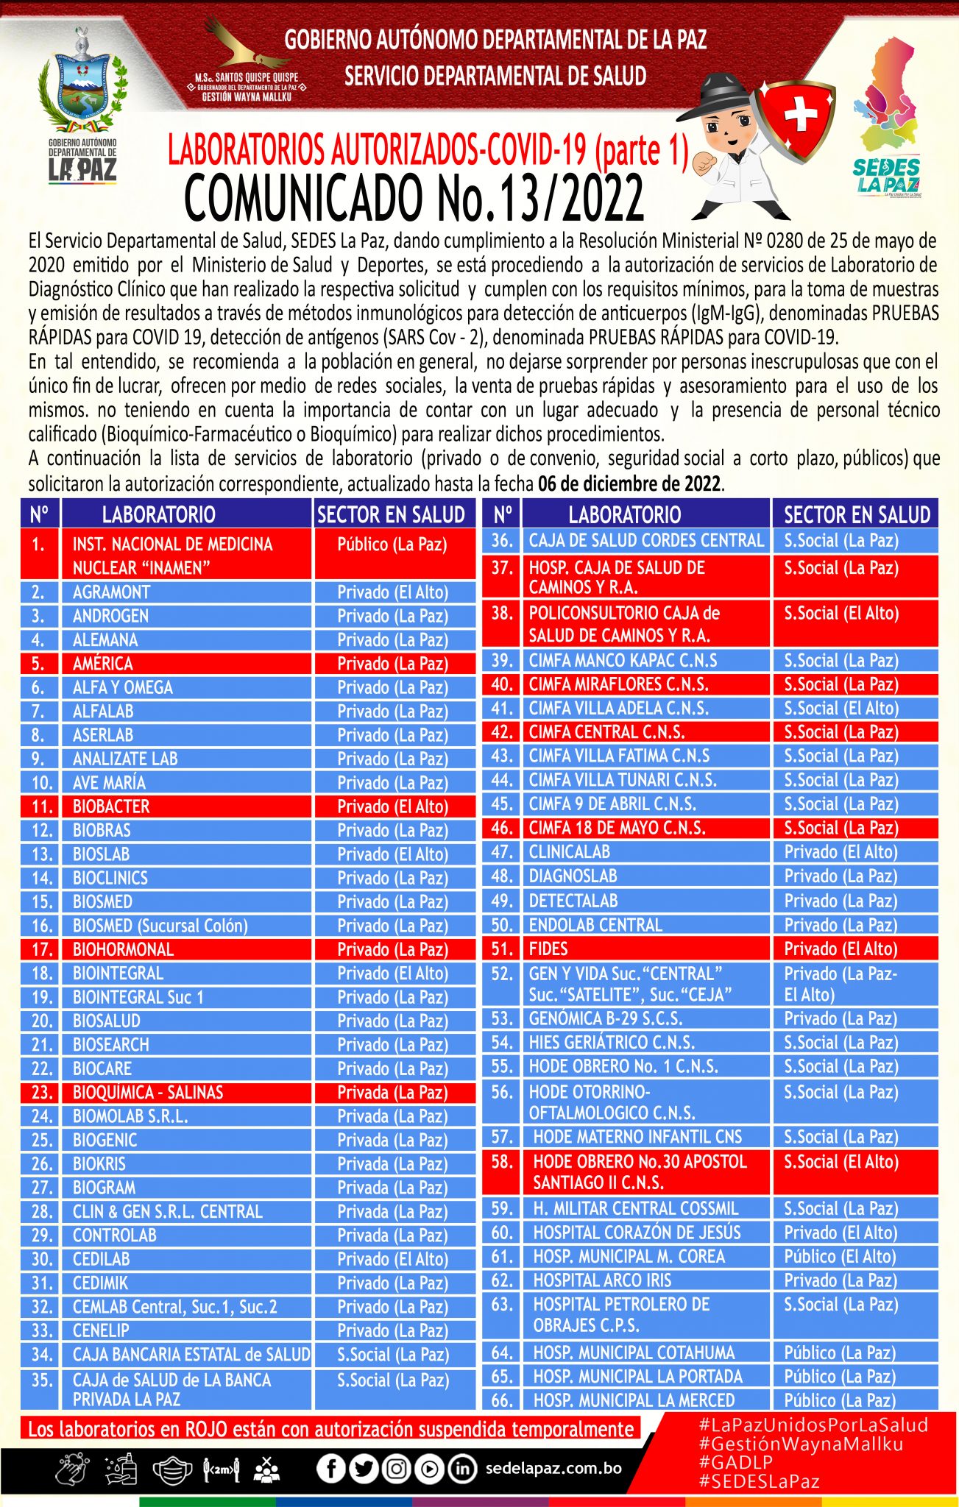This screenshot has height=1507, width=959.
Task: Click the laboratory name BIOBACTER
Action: click(111, 806)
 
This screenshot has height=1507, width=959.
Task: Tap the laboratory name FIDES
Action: click(548, 949)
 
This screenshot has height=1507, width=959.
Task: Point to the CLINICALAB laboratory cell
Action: click(570, 852)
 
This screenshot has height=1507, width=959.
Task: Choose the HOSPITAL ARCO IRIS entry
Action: click(602, 1280)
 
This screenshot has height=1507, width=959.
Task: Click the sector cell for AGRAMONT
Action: click(392, 592)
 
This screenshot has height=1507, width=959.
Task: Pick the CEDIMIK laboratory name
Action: click(100, 1283)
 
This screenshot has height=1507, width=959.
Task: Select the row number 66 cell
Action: click(501, 1400)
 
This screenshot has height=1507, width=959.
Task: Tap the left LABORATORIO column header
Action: click(158, 514)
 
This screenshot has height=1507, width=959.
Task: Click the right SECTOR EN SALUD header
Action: click(857, 514)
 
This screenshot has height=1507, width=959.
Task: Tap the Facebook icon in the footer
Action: click(330, 1469)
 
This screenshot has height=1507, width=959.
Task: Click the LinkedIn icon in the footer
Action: click(461, 1469)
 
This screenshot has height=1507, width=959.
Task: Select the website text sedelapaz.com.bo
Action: click(553, 1469)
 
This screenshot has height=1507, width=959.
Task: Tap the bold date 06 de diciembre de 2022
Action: click(629, 484)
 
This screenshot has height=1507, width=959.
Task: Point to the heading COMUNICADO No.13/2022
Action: click(414, 199)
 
